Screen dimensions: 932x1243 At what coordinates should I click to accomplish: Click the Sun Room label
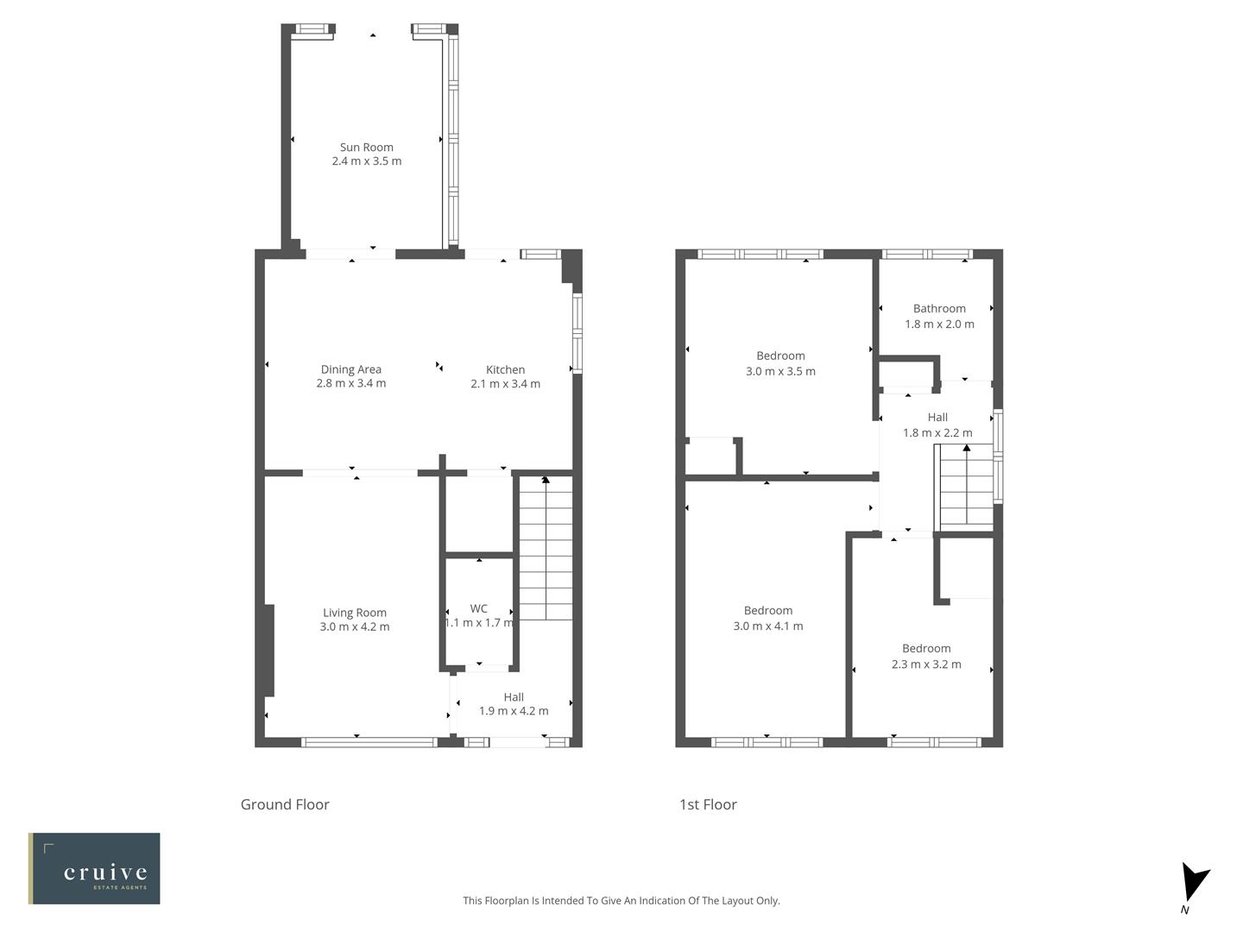coord(366,147)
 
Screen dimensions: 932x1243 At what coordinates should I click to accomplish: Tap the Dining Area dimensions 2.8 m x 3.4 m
coord(350,384)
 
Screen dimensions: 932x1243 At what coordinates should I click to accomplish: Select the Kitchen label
coord(505,369)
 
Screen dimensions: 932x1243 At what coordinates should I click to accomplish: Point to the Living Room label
coord(355,613)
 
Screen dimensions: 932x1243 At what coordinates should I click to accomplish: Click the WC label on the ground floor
coord(478,608)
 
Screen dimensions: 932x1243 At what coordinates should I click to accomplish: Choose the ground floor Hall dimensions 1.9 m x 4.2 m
coord(514,711)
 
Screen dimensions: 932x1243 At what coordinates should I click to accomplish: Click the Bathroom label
coord(939,308)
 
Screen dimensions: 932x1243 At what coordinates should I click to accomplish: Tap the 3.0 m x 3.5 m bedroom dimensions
coord(780,371)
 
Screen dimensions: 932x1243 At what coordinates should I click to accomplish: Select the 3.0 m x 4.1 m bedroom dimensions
coord(767,626)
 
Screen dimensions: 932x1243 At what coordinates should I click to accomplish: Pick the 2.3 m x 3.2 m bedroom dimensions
coord(926,664)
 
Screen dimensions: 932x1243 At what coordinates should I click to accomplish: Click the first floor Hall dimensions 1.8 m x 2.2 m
coord(937,433)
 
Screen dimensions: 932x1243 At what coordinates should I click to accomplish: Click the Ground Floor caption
coord(285,804)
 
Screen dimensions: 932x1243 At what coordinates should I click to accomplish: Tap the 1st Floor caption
coord(708,804)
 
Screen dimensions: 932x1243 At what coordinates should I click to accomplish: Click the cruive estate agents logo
coord(94,868)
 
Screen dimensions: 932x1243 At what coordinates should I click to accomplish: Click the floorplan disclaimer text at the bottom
coord(621,900)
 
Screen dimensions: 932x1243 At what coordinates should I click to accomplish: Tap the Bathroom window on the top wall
coord(926,255)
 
